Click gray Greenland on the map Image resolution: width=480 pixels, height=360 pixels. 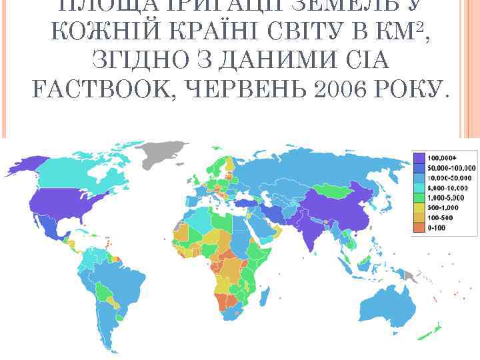(x=163, y=149)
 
